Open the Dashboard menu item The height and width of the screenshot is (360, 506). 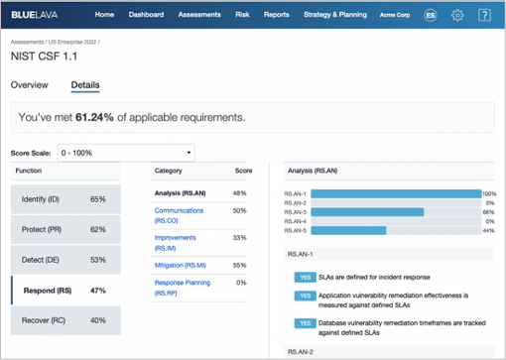(146, 16)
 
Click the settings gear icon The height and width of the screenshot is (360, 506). (457, 16)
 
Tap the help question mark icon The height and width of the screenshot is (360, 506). (484, 16)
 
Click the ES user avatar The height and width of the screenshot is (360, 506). (430, 16)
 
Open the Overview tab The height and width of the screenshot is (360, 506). (29, 85)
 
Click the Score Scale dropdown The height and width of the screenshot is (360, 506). (126, 154)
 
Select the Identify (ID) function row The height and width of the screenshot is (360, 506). (65, 199)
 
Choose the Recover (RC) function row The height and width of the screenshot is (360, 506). (65, 320)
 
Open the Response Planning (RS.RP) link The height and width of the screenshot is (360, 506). (183, 289)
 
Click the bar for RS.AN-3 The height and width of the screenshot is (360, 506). (367, 211)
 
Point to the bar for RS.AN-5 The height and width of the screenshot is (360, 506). (348, 230)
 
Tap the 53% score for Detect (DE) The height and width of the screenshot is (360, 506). (97, 260)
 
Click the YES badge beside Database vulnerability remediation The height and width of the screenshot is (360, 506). (305, 323)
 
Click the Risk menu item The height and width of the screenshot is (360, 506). (242, 16)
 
